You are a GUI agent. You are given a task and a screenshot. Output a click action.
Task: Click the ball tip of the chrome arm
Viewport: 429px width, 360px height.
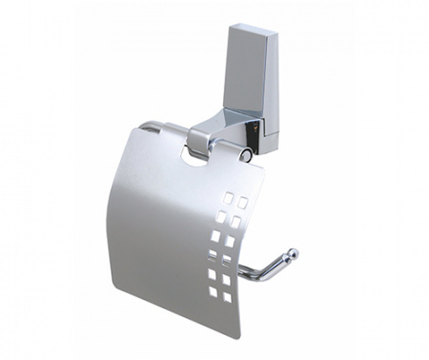293,254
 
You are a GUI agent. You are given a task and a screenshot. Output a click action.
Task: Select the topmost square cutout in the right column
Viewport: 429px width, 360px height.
242,203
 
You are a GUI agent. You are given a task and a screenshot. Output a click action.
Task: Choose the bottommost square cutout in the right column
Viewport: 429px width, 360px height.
228,297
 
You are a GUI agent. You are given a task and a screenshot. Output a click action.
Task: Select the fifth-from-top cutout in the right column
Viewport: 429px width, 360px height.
227,279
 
